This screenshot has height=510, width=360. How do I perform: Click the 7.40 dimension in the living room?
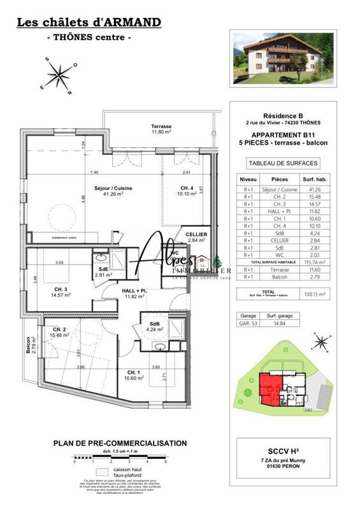tap(94, 172)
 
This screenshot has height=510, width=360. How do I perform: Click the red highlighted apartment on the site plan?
tap(273, 386)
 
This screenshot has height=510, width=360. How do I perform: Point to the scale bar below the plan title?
tap(119, 457)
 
